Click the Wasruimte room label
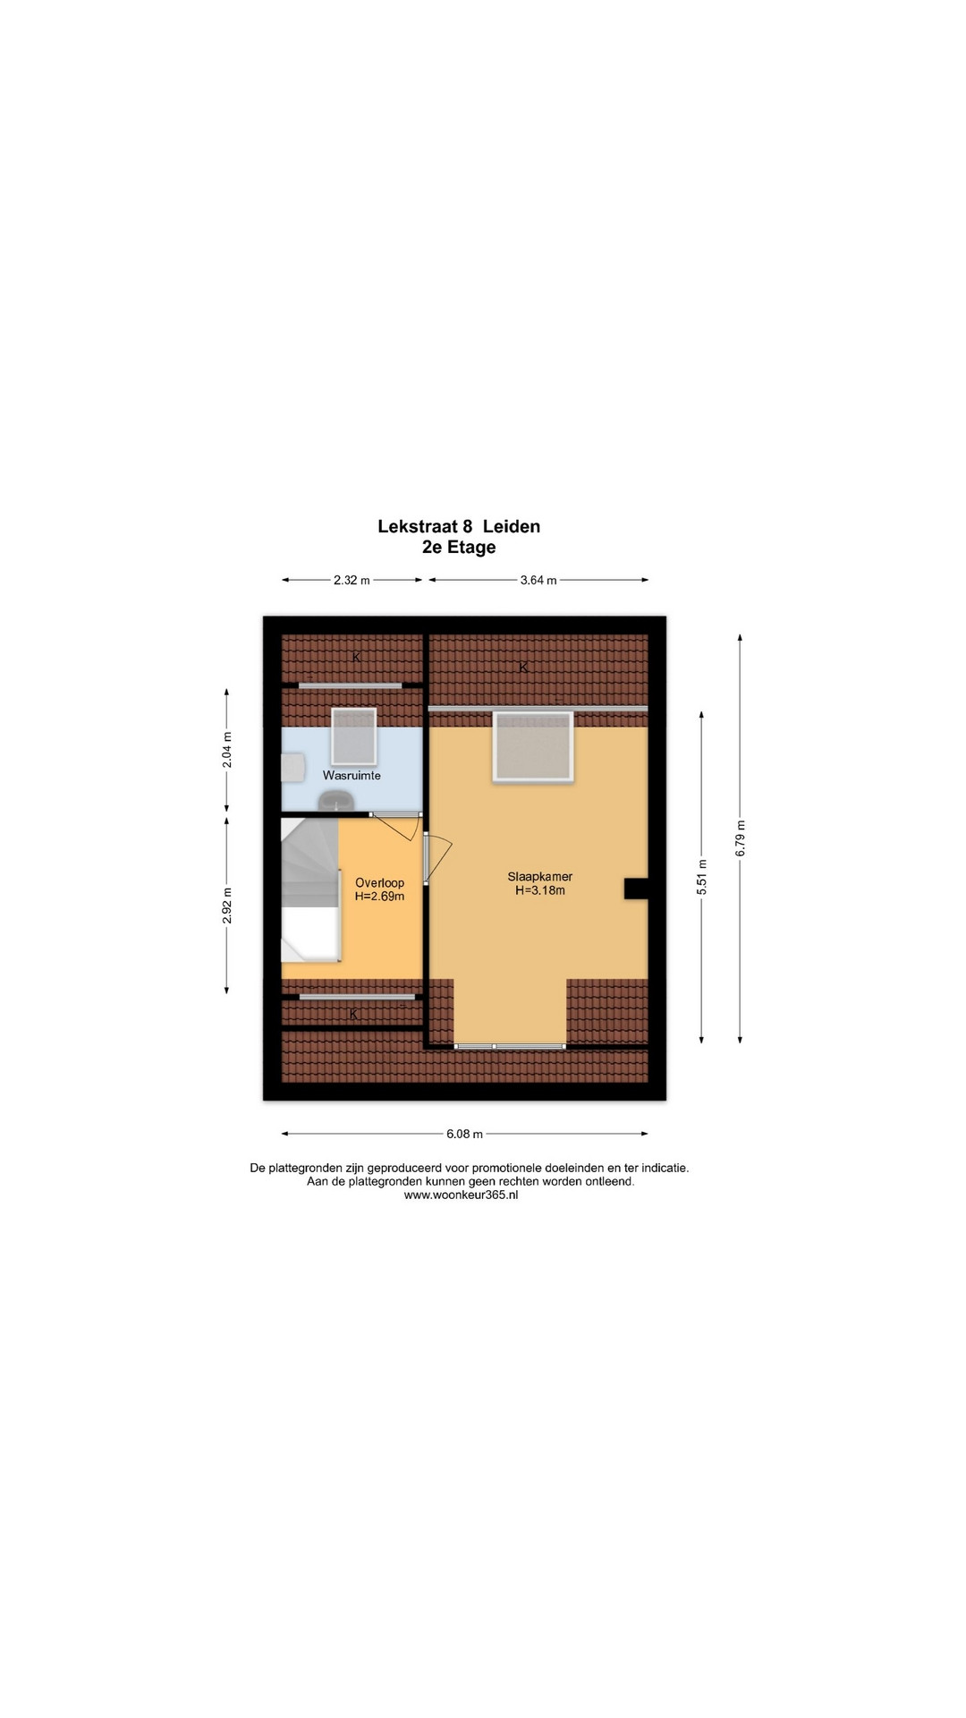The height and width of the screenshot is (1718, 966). point(352,775)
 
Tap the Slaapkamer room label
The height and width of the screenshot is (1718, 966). point(540,877)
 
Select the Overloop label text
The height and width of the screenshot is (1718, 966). point(379,882)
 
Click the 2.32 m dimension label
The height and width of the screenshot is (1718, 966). point(352,580)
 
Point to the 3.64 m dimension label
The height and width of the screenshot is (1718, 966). point(538,580)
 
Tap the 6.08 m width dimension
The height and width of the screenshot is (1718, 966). point(464,1134)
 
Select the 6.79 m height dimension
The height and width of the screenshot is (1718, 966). point(741,838)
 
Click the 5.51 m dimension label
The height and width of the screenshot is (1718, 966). point(702,877)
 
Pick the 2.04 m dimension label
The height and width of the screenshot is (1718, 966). point(227,750)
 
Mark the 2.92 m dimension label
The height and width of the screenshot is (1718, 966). point(227,905)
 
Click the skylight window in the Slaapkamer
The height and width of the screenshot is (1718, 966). point(532,747)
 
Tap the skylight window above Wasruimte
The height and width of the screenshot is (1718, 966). point(354,736)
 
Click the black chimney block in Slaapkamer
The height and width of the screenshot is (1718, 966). point(636,888)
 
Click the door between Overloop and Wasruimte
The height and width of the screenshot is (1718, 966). point(394,824)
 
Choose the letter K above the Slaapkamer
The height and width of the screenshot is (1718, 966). point(523,668)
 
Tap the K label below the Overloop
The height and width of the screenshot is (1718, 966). point(353,1014)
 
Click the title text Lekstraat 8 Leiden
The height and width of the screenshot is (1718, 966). point(459,526)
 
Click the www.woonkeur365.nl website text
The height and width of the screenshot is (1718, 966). point(461,1195)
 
